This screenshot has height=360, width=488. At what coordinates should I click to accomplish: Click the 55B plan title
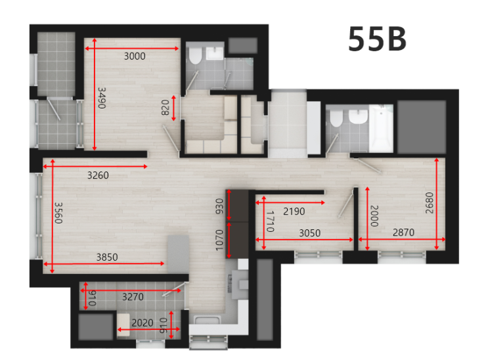[x=377, y=39]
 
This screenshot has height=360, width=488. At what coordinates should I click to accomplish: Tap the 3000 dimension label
[x=135, y=56]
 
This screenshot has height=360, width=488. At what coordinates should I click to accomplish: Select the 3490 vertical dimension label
[x=102, y=98]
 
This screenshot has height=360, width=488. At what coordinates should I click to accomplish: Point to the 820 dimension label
[x=165, y=108]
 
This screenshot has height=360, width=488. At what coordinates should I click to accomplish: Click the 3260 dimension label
[x=98, y=175]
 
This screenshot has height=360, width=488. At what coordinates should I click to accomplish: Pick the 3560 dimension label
[x=58, y=213]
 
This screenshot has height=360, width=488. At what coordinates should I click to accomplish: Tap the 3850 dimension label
[x=107, y=258]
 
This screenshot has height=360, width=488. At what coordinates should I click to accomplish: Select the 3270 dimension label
[x=133, y=297]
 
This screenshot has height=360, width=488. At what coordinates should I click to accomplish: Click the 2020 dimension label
[x=143, y=323]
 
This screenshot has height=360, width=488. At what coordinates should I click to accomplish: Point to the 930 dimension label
[x=220, y=206]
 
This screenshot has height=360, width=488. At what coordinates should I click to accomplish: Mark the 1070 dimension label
[x=220, y=240]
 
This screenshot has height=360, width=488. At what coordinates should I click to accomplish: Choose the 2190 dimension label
[x=294, y=212]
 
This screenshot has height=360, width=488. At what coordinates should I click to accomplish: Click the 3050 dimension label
[x=309, y=233]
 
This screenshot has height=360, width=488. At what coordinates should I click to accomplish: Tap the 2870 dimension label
[x=403, y=233]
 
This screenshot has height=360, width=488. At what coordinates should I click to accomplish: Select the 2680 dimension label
[x=430, y=203]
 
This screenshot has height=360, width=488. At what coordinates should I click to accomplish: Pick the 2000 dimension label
[x=374, y=216]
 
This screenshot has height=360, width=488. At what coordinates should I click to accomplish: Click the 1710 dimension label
[x=271, y=221]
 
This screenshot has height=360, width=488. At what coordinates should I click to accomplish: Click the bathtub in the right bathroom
[x=381, y=128]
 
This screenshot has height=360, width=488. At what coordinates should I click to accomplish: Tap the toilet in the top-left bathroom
[x=196, y=56]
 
